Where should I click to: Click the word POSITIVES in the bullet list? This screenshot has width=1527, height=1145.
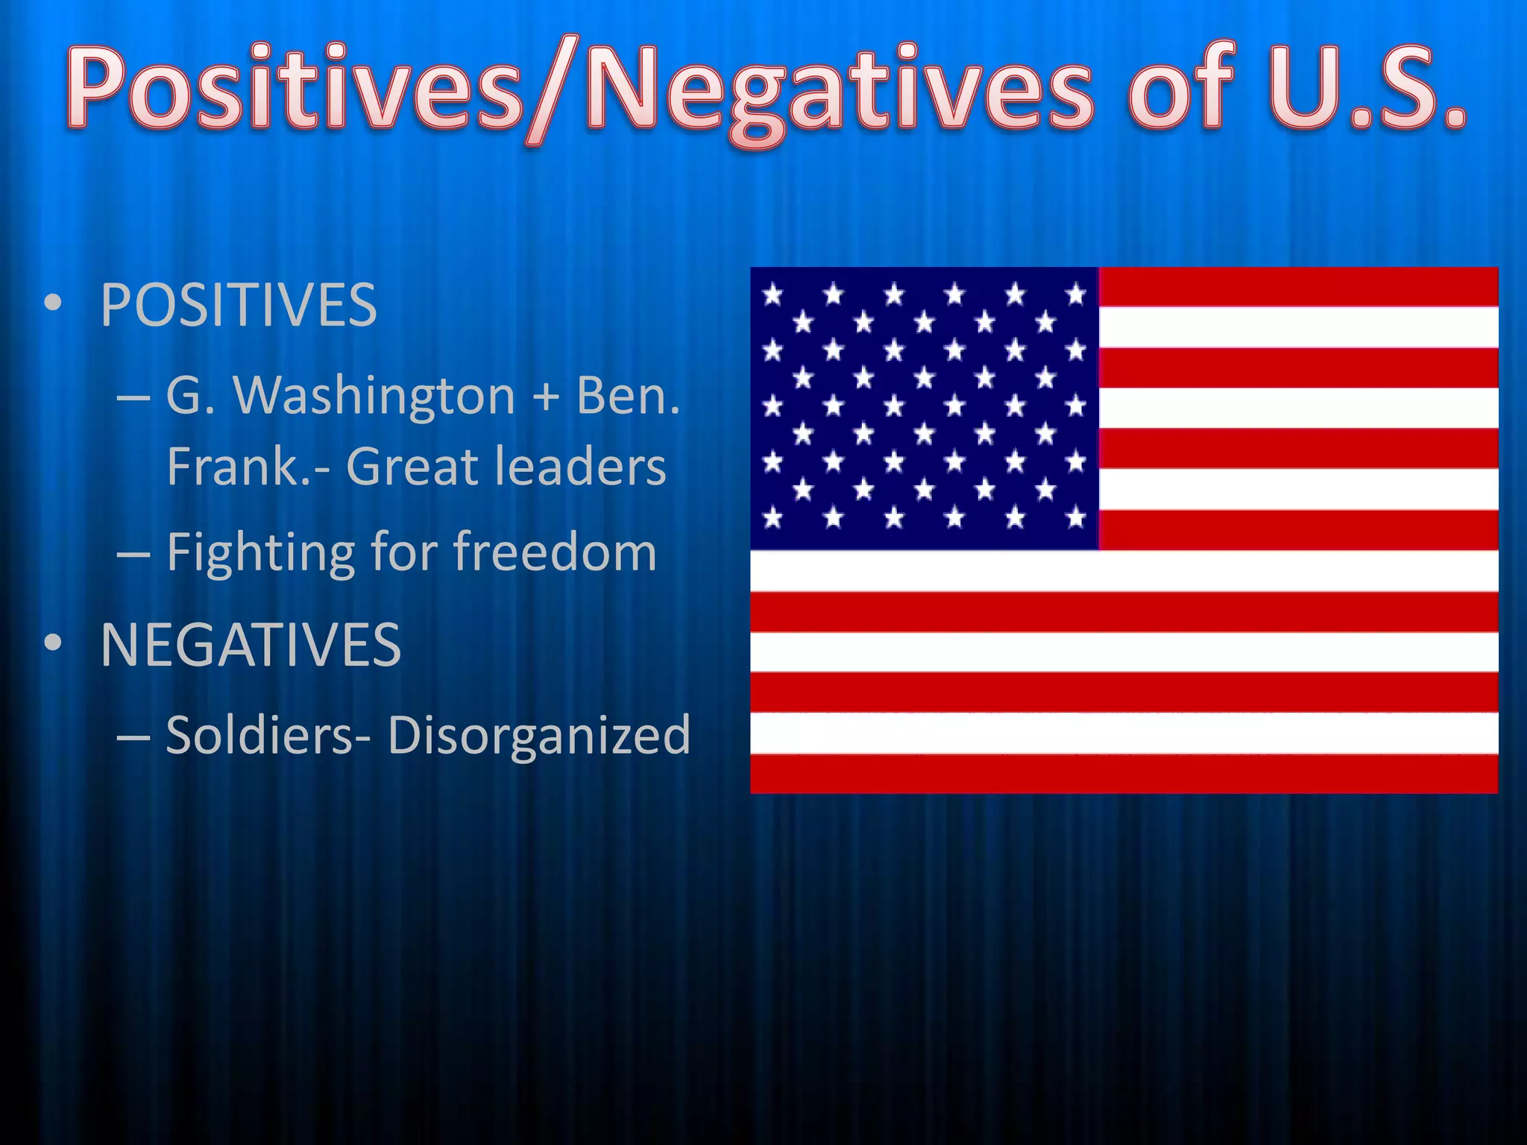point(239,306)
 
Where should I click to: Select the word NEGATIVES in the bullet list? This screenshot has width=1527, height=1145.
point(251,645)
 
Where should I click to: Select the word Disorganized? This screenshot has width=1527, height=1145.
point(538,735)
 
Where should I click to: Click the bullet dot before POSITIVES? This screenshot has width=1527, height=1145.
point(52,305)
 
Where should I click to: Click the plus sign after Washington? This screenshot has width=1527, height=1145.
point(546,397)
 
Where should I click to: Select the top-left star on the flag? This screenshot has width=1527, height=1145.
point(773,295)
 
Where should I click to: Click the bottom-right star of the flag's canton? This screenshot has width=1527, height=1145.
point(1076,517)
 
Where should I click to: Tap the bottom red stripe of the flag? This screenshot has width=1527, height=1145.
point(1124,773)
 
